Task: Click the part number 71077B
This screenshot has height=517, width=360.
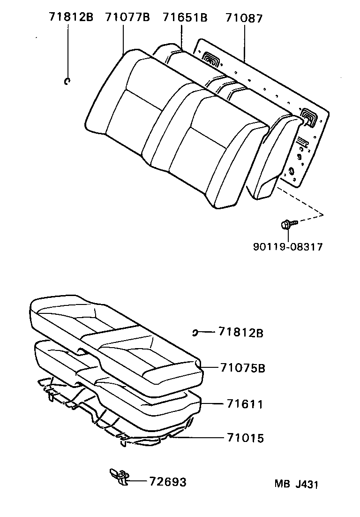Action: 127,18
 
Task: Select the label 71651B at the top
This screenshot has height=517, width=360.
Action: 185,18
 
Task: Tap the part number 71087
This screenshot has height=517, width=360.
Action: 244,18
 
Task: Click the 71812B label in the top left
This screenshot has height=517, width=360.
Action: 71,18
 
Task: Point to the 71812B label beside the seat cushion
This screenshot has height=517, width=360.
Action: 240,333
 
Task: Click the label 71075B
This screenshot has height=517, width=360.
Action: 242,368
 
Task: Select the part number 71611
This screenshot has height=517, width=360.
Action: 245,404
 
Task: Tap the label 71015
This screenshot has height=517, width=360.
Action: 245,438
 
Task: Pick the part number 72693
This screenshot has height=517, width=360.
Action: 168,482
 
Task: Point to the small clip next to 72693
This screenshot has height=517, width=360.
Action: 119,476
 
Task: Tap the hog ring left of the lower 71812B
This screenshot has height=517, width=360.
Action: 195,333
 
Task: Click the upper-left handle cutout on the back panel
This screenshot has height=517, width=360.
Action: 211,60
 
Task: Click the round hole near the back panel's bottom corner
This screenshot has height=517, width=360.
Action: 291,172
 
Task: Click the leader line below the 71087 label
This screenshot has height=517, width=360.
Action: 244,42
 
